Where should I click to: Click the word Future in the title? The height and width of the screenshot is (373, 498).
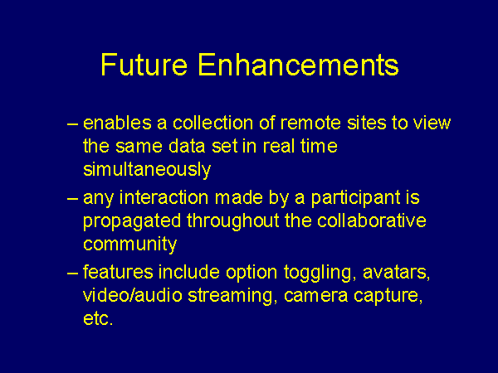pos(144,65)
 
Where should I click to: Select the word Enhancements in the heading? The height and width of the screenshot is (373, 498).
pos(298,65)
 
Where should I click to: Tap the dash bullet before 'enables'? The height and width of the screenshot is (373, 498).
pos(72,124)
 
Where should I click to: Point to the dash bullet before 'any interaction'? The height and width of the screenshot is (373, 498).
pos(72,199)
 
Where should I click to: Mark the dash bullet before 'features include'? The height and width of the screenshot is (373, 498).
pos(72,273)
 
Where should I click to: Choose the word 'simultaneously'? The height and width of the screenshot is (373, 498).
pos(147,170)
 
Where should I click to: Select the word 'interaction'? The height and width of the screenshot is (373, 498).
pos(164,197)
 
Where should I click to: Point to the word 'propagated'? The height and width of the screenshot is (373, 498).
pos(132,221)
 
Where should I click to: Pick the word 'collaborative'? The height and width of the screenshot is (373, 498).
pos(372,220)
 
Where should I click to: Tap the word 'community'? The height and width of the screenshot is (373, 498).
pos(130,245)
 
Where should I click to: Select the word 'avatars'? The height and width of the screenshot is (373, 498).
pos(396,273)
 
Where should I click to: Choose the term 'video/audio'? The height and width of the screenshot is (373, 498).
pos(133,295)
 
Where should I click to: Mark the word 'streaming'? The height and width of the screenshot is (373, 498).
pos(230,296)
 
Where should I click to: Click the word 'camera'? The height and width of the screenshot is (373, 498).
pos(315,296)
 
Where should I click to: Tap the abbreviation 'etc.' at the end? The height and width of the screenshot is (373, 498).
pos(98,319)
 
